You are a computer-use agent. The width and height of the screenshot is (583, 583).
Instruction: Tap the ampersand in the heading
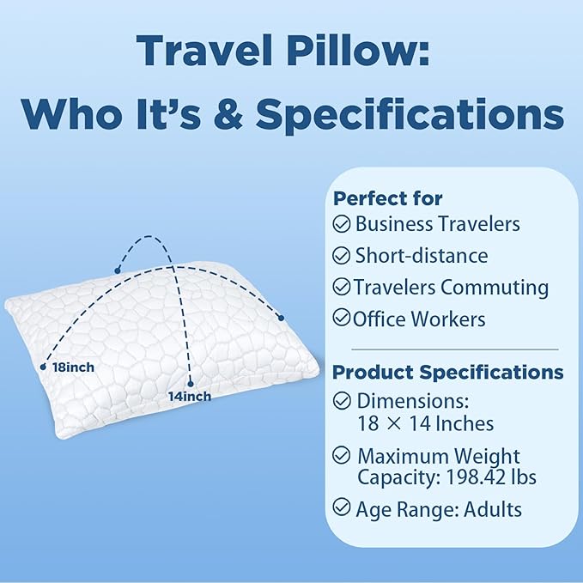click(x=225, y=113)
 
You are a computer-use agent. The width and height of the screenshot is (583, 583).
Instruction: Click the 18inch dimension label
click(x=72, y=367)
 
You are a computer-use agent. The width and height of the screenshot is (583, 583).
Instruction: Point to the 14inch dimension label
click(x=190, y=396)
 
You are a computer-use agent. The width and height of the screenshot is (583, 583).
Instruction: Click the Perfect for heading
click(x=388, y=198)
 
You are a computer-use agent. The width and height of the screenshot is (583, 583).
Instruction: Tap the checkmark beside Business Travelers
click(x=342, y=225)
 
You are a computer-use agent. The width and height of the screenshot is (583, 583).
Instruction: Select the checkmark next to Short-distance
click(x=342, y=256)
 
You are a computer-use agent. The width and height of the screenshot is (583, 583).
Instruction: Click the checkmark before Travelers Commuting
click(x=342, y=287)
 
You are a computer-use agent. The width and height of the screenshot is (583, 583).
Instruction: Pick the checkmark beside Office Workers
click(x=342, y=319)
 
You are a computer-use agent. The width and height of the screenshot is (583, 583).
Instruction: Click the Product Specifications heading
click(x=448, y=373)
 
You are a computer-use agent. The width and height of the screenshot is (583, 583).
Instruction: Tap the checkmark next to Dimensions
click(x=342, y=400)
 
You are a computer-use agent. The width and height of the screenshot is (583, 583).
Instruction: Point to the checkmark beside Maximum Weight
click(x=342, y=456)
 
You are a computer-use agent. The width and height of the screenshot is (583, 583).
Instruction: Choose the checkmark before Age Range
click(x=342, y=509)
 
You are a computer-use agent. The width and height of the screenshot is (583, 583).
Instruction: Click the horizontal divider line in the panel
click(x=446, y=349)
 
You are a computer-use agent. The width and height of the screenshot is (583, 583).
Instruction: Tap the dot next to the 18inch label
click(x=43, y=367)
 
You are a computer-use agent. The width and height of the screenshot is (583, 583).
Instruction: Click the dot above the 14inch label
click(x=190, y=382)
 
